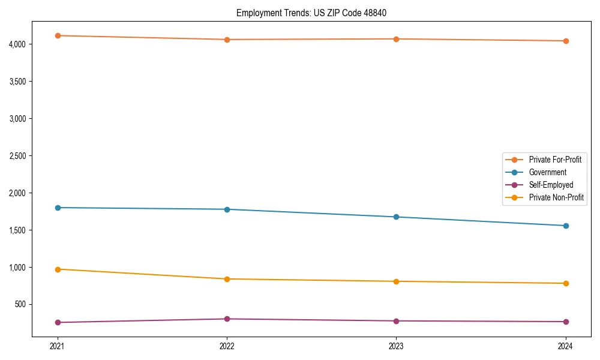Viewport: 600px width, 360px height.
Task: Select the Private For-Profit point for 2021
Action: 58,35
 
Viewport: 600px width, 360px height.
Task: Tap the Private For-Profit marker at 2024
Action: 566,41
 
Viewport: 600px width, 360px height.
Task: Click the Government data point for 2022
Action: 227,209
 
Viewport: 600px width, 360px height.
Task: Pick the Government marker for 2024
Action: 566,226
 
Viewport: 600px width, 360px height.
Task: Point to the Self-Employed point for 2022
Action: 227,319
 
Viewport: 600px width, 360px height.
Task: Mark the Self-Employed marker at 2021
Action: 58,322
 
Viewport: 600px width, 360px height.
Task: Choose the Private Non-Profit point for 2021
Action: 58,269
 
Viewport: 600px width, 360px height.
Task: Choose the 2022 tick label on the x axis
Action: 227,346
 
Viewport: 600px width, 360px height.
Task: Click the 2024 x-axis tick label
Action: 566,346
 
